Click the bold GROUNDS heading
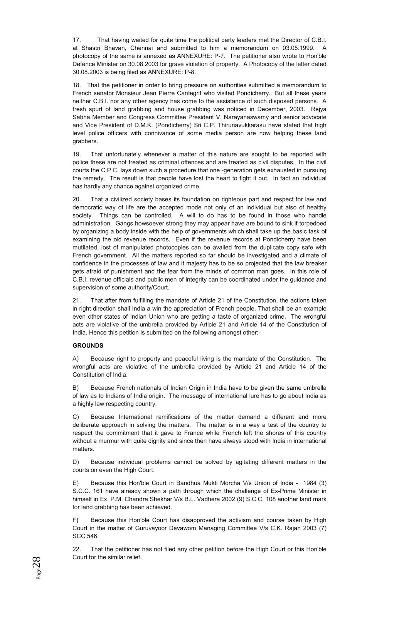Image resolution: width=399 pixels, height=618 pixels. coord(88,345)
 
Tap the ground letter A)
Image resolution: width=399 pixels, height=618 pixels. coord(76,358)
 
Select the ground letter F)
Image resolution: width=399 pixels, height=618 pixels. coord(76,520)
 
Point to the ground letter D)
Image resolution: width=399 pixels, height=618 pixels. coord(76,462)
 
